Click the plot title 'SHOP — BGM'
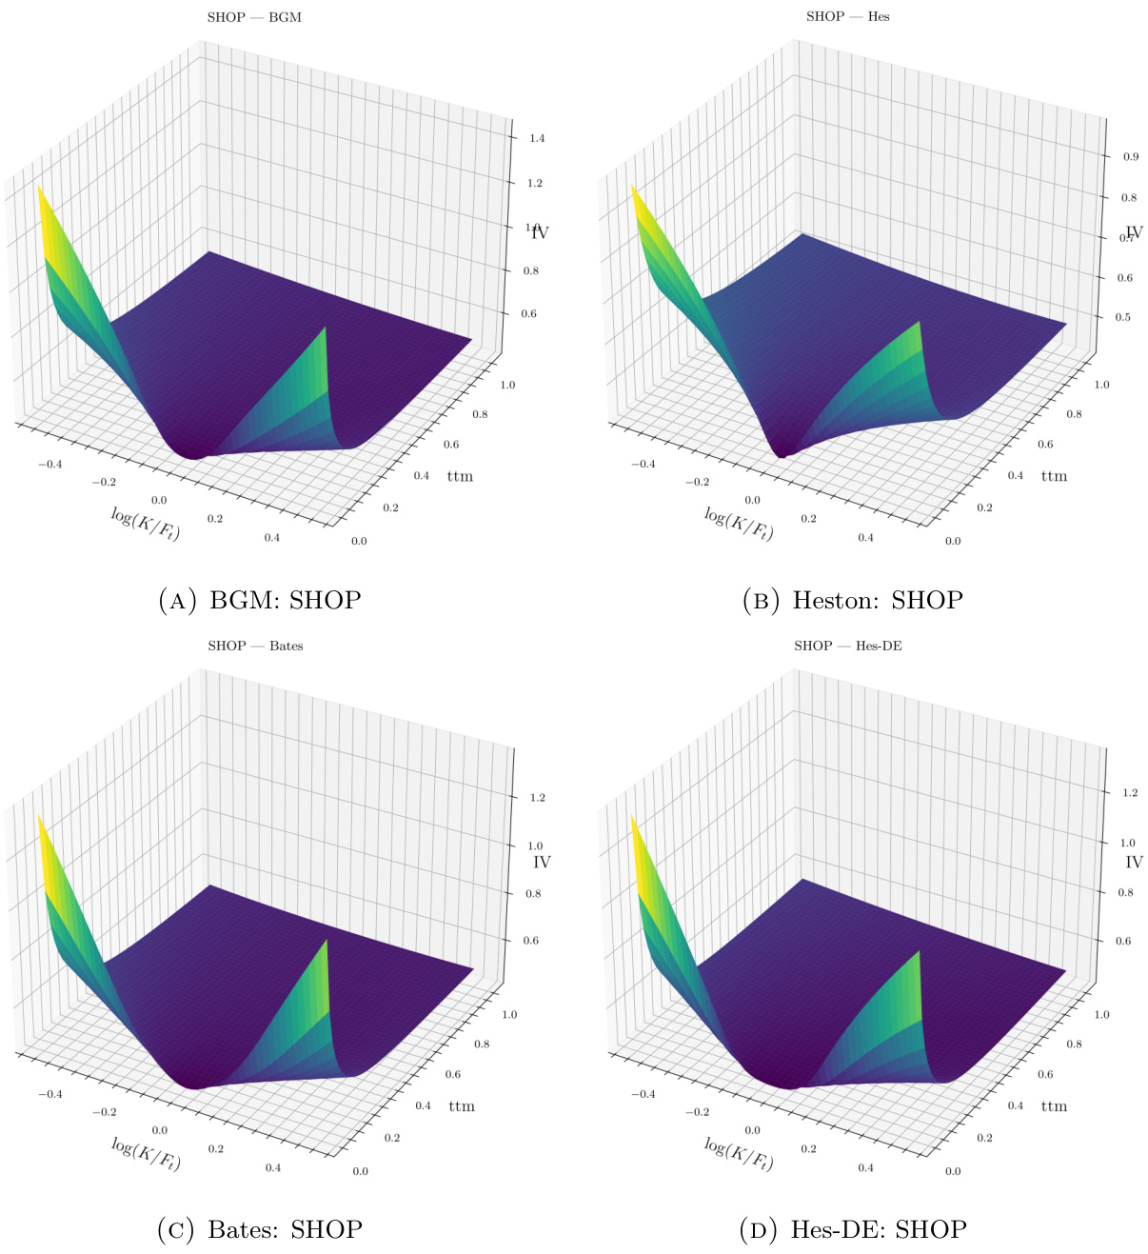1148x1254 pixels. (x=254, y=17)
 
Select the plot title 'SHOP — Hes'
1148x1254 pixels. (x=847, y=16)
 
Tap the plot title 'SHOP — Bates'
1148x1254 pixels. (x=255, y=646)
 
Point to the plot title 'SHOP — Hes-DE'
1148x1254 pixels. (x=847, y=646)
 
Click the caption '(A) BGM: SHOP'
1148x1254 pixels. (x=259, y=600)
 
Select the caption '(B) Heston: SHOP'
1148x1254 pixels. (x=852, y=600)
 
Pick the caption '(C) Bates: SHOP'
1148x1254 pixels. (x=259, y=1229)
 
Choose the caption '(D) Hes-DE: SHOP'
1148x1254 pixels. (x=852, y=1229)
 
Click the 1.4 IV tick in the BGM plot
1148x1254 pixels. (x=536, y=138)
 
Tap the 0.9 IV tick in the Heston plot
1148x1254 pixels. (x=1130, y=156)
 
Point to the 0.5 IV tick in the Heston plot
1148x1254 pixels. (x=1123, y=317)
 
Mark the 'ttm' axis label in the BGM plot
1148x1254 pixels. (x=460, y=476)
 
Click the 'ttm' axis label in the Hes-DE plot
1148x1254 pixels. (x=1054, y=1106)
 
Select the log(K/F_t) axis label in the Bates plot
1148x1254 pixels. (x=146, y=1153)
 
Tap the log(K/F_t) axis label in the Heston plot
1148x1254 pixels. (x=738, y=524)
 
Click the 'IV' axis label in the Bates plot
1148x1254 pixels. (x=542, y=862)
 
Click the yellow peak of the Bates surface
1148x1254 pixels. (x=40, y=821)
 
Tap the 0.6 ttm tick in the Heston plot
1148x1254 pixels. (x=1045, y=445)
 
